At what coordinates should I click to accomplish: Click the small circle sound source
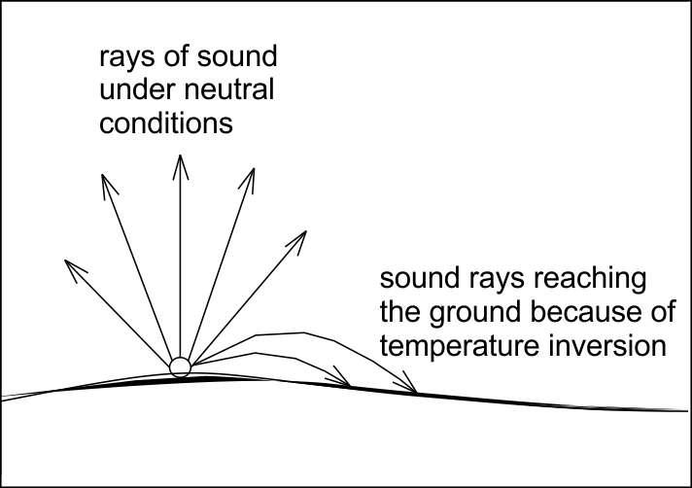(180, 367)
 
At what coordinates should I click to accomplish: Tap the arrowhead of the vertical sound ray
(181, 167)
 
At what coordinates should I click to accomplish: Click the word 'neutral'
(229, 89)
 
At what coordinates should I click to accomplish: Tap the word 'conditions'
(166, 122)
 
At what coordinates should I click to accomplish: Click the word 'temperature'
(459, 346)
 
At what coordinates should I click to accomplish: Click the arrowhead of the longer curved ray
(408, 384)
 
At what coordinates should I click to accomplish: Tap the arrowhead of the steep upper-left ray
(108, 186)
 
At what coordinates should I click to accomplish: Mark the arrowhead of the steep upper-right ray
(249, 179)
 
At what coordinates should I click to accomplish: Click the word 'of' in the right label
(663, 311)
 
